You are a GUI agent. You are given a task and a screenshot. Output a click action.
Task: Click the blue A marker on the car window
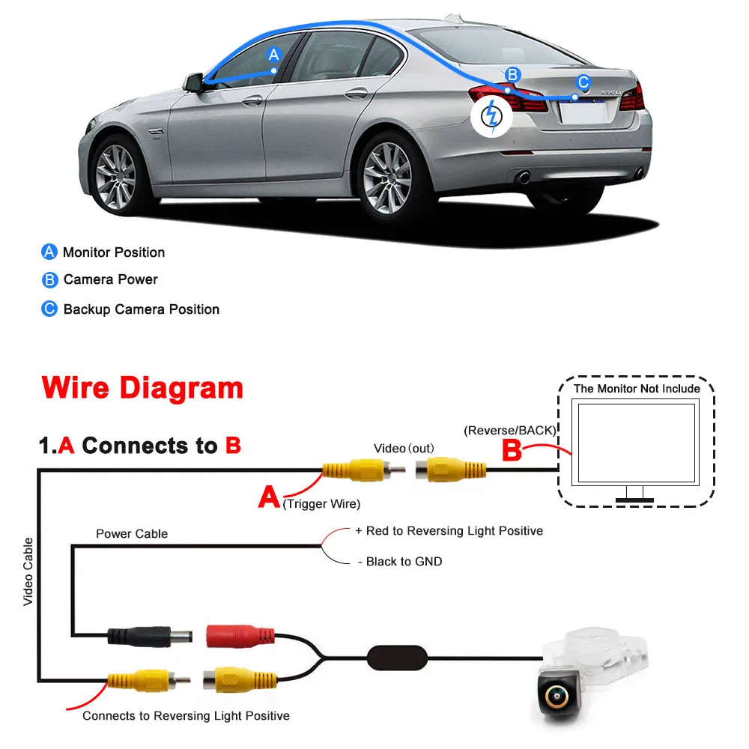(274, 54)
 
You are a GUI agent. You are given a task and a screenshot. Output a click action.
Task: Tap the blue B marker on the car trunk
(512, 74)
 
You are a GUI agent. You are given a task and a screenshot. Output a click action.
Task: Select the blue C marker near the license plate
(584, 82)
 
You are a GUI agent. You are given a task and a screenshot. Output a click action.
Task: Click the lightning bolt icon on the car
(492, 115)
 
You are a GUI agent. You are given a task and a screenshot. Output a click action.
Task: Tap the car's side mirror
(195, 82)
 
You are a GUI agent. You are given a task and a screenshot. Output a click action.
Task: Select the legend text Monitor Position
(114, 252)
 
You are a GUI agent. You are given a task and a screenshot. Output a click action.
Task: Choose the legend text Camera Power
(111, 279)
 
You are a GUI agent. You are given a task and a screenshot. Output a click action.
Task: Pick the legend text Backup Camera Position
(142, 309)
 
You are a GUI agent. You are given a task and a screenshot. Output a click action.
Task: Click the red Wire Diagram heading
(143, 388)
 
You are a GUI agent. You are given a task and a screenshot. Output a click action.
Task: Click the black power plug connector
(151, 637)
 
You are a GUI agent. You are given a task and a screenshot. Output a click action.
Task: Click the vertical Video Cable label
(28, 571)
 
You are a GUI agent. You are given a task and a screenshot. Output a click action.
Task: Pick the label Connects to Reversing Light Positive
(186, 715)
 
